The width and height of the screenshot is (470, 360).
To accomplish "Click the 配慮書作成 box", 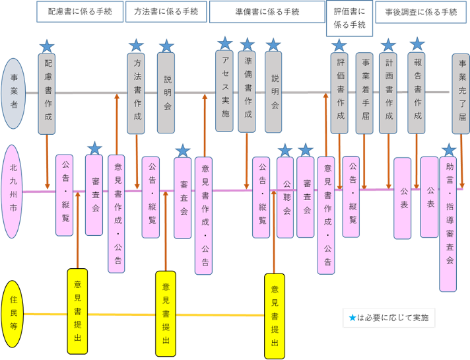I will point(48,94).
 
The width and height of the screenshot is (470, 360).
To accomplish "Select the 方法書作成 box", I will point(136,94).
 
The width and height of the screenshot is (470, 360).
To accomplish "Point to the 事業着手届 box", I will point(365,92).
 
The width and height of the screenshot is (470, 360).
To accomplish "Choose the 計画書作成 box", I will point(389,92).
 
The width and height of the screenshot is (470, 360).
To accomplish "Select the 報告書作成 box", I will point(417,92).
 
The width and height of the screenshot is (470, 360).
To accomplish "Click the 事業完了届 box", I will point(461,92).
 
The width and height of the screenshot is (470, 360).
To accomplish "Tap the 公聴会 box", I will point(285,196).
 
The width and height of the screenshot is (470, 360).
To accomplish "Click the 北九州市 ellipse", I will point(15,192).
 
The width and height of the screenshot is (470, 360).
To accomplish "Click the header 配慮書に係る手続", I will point(80,12).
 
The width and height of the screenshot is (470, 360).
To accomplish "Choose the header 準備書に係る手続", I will point(267,12).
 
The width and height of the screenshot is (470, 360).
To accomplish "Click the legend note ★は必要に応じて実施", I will point(388,318).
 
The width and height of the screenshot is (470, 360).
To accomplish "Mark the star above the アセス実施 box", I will point(225,43).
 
